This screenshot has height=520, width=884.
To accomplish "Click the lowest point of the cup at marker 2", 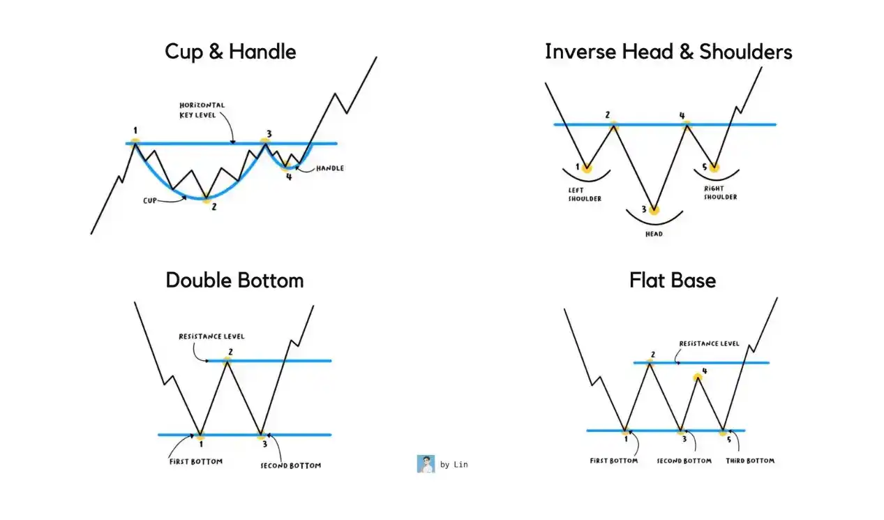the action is pyautogui.click(x=206, y=198).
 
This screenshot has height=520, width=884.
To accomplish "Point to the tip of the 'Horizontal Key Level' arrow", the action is pyautogui.click(x=233, y=143).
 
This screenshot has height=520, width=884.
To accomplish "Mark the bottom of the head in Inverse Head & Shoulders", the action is pyautogui.click(x=654, y=209).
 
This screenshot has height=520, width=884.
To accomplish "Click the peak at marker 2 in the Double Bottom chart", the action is pyautogui.click(x=227, y=361).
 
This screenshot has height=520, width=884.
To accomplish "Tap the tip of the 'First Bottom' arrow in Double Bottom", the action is pyautogui.click(x=194, y=435).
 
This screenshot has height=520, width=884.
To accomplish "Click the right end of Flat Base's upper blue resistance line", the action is pyautogui.click(x=769, y=362).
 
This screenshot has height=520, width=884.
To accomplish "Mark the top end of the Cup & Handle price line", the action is pyautogui.click(x=377, y=57).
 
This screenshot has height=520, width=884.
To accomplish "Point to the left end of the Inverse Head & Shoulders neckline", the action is pyautogui.click(x=555, y=124).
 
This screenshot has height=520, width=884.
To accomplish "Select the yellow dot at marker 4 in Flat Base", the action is pyautogui.click(x=698, y=378).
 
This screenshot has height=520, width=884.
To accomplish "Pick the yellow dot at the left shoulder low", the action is pyautogui.click(x=587, y=168).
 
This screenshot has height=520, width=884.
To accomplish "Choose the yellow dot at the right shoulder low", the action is pyautogui.click(x=714, y=168).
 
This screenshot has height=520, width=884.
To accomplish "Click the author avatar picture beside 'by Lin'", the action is pyautogui.click(x=426, y=464).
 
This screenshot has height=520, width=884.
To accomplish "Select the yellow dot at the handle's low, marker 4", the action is pyautogui.click(x=286, y=167).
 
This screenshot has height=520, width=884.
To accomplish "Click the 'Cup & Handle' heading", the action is pyautogui.click(x=230, y=52).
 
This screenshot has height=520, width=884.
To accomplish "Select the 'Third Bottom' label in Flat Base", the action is pyautogui.click(x=750, y=461).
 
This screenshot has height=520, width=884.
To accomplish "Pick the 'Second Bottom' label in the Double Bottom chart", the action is pyautogui.click(x=291, y=466).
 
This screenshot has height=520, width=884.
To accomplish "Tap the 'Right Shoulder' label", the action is pyautogui.click(x=721, y=193).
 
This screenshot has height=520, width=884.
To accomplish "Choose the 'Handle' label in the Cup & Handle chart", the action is pyautogui.click(x=330, y=168).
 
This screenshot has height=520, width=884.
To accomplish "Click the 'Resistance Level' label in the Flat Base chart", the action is pyautogui.click(x=709, y=344).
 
